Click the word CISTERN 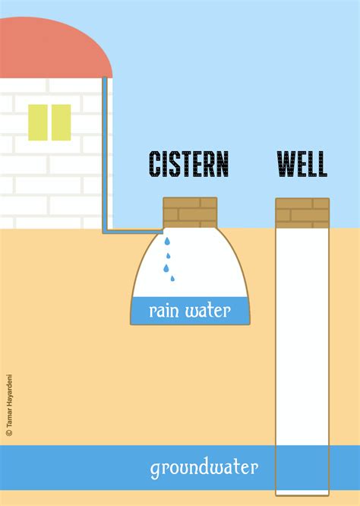click(x=188, y=164)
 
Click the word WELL click(x=302, y=164)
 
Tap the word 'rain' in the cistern click(x=164, y=310)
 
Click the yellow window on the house click(x=49, y=122)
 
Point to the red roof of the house click(x=53, y=49)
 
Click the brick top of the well click(x=302, y=213)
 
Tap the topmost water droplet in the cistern click(x=168, y=242)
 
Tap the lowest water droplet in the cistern click(x=172, y=279)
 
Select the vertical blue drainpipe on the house click(x=104, y=152)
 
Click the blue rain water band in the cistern click(x=137, y=310)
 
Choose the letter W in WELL click(x=286, y=164)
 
